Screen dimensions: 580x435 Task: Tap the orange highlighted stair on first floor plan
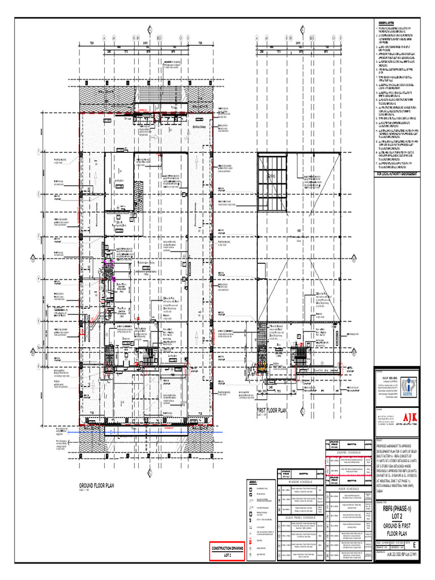tap(262, 368)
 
